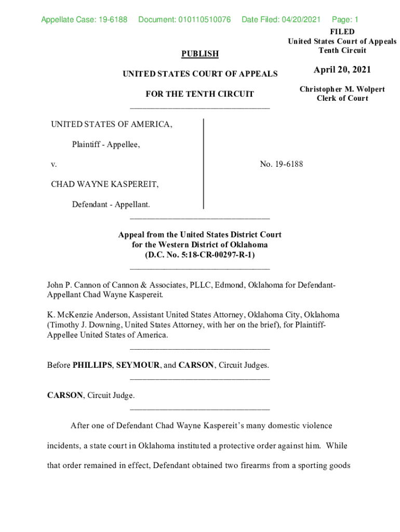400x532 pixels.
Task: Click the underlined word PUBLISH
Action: pyautogui.click(x=200, y=54)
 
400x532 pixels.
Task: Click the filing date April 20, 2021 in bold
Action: pyautogui.click(x=342, y=70)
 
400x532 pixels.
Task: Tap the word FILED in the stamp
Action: pyautogui.click(x=342, y=32)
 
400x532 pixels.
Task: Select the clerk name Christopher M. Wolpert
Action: pyautogui.click(x=342, y=89)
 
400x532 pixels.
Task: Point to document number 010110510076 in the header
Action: pyautogui.click(x=184, y=20)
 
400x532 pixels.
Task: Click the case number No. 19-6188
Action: pyautogui.click(x=282, y=164)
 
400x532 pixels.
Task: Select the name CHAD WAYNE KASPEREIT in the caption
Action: pyautogui.click(x=105, y=184)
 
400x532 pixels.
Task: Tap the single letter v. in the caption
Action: pyautogui.click(x=54, y=164)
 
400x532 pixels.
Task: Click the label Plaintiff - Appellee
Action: pyautogui.click(x=106, y=144)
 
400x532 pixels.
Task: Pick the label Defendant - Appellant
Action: pyautogui.click(x=111, y=204)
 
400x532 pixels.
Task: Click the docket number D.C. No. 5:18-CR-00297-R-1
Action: pyautogui.click(x=200, y=255)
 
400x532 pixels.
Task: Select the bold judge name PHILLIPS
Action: pyautogui.click(x=92, y=365)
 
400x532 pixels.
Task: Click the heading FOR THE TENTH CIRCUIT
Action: pyautogui.click(x=200, y=94)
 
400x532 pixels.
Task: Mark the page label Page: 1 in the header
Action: pyautogui.click(x=345, y=20)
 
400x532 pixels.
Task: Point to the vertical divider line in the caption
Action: pyautogui.click(x=203, y=164)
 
